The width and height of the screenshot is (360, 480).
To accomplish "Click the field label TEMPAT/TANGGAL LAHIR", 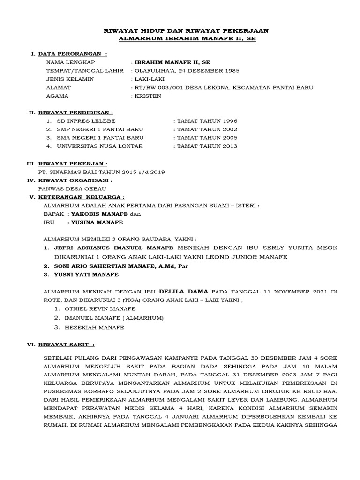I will [85, 71].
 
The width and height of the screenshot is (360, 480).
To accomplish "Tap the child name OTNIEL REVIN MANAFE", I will [96, 309].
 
